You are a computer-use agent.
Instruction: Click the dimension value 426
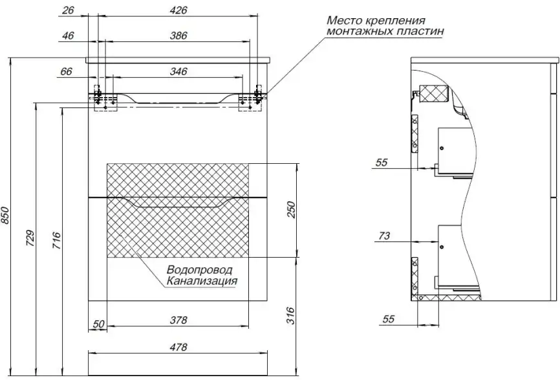[178, 11]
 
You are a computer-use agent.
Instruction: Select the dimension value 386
[178, 36]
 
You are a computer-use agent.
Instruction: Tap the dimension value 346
[178, 71]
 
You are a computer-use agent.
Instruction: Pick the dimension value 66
[66, 71]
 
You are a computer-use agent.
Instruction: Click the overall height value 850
[7, 216]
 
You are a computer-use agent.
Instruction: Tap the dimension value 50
[98, 323]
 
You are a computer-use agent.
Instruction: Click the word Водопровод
[199, 269]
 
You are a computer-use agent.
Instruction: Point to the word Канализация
[202, 281]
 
